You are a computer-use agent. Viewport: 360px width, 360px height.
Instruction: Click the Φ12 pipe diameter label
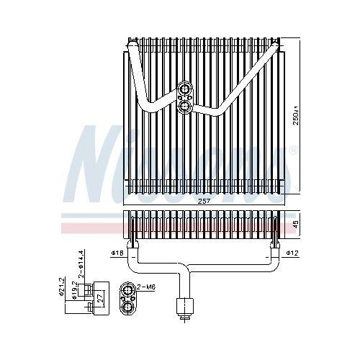pos(292,253)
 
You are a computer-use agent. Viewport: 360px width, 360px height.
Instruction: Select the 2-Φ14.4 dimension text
pos(82,264)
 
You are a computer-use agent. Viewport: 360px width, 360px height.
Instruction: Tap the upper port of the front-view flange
pos(185,90)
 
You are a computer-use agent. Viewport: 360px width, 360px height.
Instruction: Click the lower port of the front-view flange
pos(185,107)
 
